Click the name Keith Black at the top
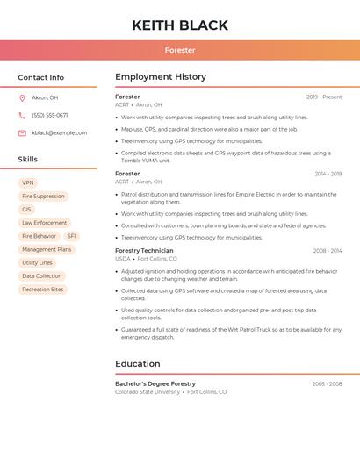pyautogui.click(x=180, y=25)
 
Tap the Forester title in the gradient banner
pyautogui.click(x=180, y=50)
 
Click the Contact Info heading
pyautogui.click(x=41, y=77)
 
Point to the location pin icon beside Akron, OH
pyautogui.click(x=22, y=98)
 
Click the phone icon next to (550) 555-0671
pyautogui.click(x=22, y=116)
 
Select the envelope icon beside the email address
pyautogui.click(x=22, y=133)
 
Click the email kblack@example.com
pyautogui.click(x=59, y=133)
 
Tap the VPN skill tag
pyautogui.click(x=28, y=183)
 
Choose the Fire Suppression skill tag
pyautogui.click(x=43, y=197)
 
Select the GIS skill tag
pyautogui.click(x=26, y=210)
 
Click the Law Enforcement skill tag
pyautogui.click(x=44, y=223)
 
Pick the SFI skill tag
pyautogui.click(x=71, y=236)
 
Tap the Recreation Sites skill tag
pyautogui.click(x=42, y=290)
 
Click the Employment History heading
pyautogui.click(x=161, y=77)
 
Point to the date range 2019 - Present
pyautogui.click(x=324, y=97)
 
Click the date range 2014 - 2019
pyautogui.click(x=328, y=175)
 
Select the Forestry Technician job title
pyautogui.click(x=144, y=251)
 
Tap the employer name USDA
pyautogui.click(x=122, y=260)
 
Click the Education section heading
pyautogui.click(x=138, y=364)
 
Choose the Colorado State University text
pyautogui.click(x=148, y=392)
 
